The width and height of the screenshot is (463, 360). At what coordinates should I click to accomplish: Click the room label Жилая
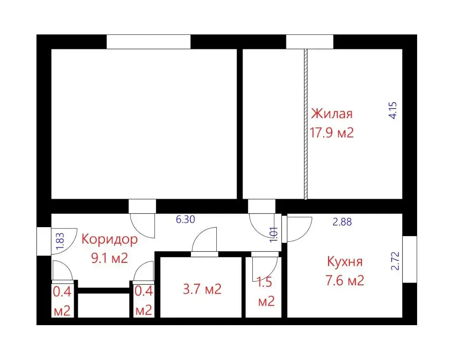click(x=331, y=113)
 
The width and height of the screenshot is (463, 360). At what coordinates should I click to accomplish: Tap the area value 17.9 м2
click(x=331, y=133)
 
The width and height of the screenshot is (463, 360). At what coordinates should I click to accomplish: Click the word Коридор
click(x=110, y=239)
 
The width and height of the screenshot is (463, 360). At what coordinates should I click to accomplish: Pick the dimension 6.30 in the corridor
click(x=185, y=219)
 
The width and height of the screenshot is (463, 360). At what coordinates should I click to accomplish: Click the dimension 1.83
click(x=60, y=244)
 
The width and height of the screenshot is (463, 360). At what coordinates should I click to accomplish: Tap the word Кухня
click(x=345, y=261)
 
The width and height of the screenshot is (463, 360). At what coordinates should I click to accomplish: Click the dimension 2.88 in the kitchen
click(x=342, y=222)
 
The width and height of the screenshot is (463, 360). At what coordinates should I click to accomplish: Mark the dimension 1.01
click(x=274, y=234)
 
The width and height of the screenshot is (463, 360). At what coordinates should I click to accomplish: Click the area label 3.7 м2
click(x=202, y=289)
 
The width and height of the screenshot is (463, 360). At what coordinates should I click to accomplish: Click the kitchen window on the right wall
click(x=409, y=259)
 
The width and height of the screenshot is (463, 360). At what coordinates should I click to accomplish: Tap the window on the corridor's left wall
click(x=43, y=241)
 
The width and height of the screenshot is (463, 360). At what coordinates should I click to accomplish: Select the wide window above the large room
click(x=149, y=42)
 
